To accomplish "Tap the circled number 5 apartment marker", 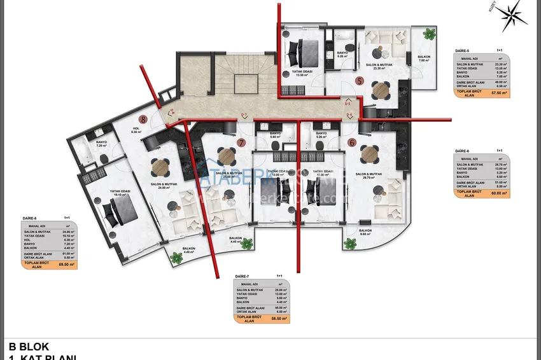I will point(360,81).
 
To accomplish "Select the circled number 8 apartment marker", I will point(144,118).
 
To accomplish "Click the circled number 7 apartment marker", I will point(241,142).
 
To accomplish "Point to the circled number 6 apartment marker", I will point(352,142).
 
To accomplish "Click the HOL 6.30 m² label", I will point(136,130).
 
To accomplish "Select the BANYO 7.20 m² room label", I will point(101,144).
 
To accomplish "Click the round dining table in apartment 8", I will point(160,167).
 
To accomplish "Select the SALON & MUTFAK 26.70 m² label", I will point(368,176).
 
